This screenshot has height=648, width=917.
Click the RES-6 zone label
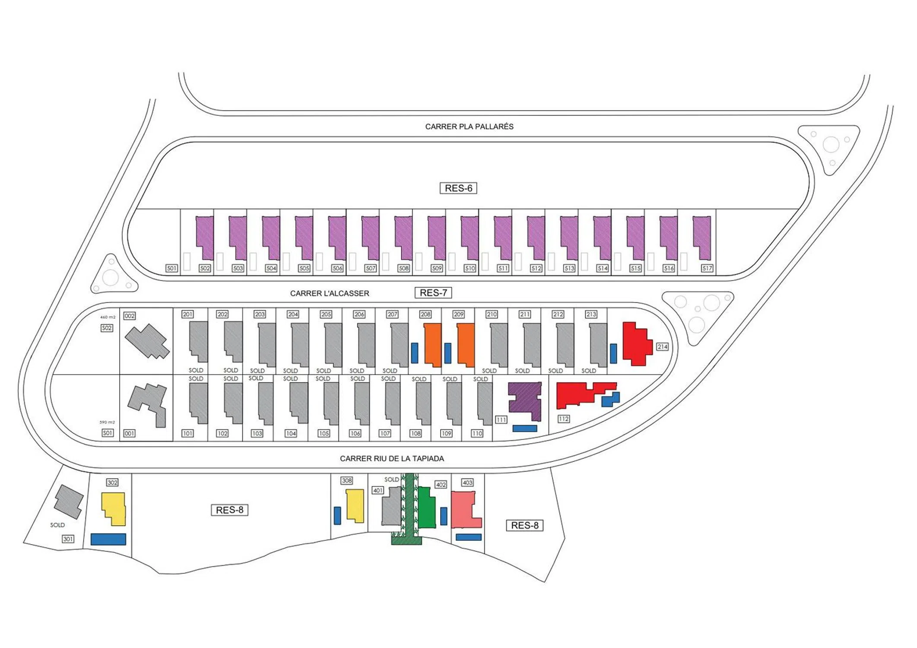(x=458, y=188)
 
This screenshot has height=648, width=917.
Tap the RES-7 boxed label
(x=433, y=293)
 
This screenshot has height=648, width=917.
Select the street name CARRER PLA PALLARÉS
(x=469, y=127)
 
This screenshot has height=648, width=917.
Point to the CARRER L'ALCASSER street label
(x=330, y=293)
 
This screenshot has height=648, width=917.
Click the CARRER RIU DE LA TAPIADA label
(x=392, y=458)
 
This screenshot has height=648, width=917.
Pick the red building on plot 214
(x=636, y=344)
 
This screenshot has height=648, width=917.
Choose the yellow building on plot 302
(x=114, y=508)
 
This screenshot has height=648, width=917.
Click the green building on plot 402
(x=426, y=508)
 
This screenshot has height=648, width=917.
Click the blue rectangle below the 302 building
(x=108, y=539)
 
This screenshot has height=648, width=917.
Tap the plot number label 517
(x=707, y=268)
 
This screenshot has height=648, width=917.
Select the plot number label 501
(x=172, y=268)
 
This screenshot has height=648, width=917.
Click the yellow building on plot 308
(x=355, y=505)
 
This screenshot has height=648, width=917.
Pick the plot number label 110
(x=477, y=433)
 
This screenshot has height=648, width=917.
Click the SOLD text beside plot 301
(x=57, y=525)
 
